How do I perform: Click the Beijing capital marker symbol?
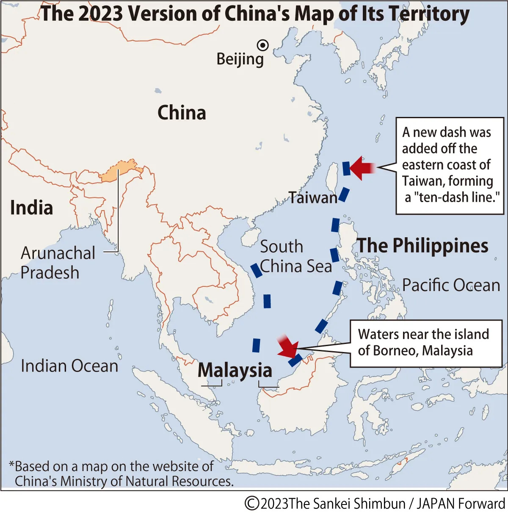pyautogui.click(x=263, y=45)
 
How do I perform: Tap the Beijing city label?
pyautogui.click(x=240, y=59)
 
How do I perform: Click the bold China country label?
pyautogui.click(x=182, y=113)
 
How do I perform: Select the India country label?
pyautogui.click(x=32, y=208)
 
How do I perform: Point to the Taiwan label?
pyautogui.click(x=313, y=197)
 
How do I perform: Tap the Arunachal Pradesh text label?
pyautogui.click(x=58, y=263)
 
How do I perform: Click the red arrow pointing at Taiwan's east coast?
pyautogui.click(x=362, y=168)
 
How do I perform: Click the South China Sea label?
pyautogui.click(x=295, y=257)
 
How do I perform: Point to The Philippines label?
pyautogui.click(x=422, y=246)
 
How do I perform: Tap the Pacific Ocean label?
pyautogui.click(x=451, y=285)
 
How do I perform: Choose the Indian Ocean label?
pyautogui.click(x=69, y=366)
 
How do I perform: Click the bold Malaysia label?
pyautogui.click(x=235, y=370)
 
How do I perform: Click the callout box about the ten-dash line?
pyautogui.click(x=450, y=165)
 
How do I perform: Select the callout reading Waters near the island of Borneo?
pyautogui.click(x=426, y=343)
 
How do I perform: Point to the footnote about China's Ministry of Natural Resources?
pyautogui.click(x=121, y=474)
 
